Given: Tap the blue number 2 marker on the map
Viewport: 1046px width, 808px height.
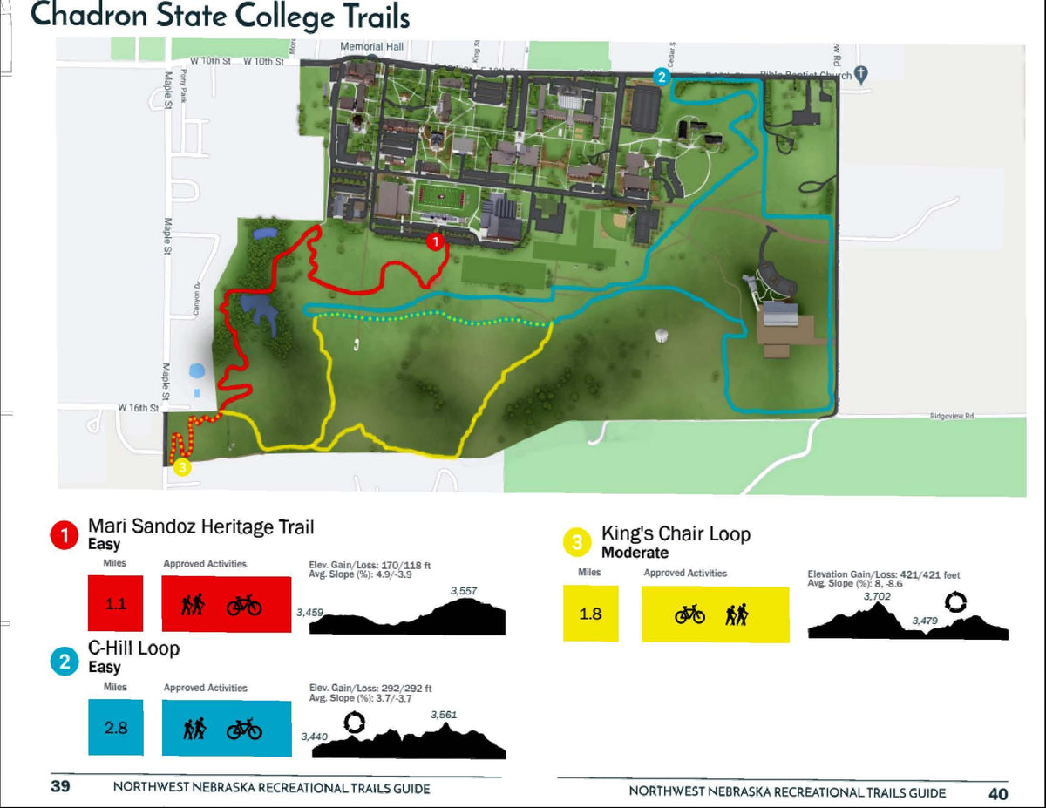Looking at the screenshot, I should coord(663,77).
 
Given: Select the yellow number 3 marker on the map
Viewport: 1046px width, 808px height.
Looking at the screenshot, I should coord(181,466).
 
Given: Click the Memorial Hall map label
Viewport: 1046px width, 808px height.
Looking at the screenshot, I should coord(371,46).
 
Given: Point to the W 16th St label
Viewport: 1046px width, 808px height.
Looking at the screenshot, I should coord(139,408).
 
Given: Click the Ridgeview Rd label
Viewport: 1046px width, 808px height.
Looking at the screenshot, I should coord(951,417).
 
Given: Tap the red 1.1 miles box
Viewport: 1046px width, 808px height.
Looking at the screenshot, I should coord(116,603).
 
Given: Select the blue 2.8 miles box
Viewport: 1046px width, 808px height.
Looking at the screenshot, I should coord(116,727).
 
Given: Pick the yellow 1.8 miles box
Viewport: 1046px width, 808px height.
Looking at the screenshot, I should coord(590,614).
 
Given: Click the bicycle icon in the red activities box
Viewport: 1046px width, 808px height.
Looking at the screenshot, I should coord(244,605).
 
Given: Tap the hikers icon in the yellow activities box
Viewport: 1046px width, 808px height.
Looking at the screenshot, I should coord(737,615).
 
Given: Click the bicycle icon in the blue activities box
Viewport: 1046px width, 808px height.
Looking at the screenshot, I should coord(244,730).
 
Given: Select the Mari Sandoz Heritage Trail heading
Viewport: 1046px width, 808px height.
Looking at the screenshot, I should coord(200,526).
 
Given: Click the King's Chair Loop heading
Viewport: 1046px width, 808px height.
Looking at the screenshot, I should coord(676,533).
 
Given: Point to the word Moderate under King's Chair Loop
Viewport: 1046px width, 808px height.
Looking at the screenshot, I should coord(635,553).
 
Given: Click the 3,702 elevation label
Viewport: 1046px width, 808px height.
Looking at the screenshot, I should coord(877,596).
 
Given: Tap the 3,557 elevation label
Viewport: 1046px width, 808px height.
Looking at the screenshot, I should coord(464,592).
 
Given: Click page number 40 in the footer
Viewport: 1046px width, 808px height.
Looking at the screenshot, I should coord(998,793).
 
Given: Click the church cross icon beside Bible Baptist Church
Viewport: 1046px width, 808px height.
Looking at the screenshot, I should coord(861,75).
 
